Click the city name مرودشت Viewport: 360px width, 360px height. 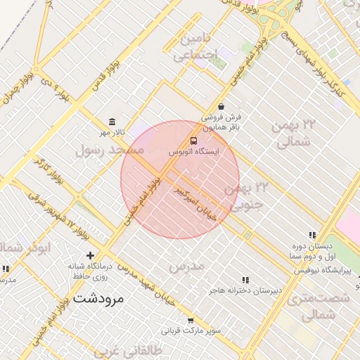click(98, 299)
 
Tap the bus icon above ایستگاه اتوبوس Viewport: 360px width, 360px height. click(194, 140)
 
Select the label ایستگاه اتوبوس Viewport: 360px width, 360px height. click(195, 151)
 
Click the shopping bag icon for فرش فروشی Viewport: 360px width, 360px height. click(221, 107)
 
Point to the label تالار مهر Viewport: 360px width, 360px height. click(111, 132)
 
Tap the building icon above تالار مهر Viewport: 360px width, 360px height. click(111, 122)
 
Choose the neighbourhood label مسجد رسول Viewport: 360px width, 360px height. click(110, 150)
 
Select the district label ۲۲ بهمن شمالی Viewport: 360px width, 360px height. click(291, 134)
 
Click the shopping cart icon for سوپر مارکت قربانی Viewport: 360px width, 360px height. click(190, 320)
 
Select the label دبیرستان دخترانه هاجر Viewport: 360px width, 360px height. click(243, 290)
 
